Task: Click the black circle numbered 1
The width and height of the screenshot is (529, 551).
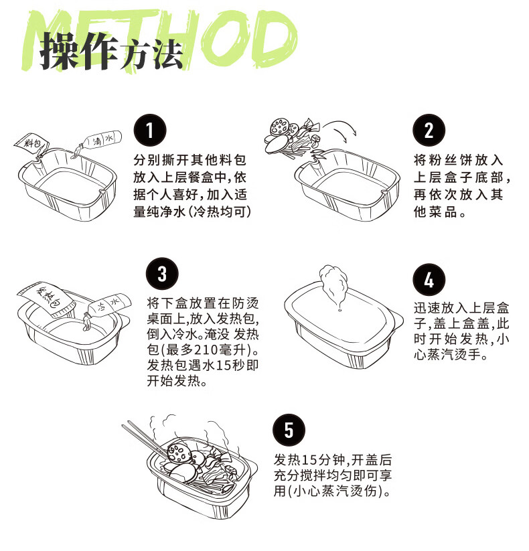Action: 150,130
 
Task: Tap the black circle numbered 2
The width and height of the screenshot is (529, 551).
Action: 429,130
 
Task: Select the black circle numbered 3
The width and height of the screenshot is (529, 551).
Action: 162,274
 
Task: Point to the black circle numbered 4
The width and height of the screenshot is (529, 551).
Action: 429,280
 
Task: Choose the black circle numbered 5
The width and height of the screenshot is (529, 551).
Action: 289,430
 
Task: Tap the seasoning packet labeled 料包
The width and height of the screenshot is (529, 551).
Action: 32,144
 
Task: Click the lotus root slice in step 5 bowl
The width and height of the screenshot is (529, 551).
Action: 179,453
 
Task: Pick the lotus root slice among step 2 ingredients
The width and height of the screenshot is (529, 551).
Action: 279,127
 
